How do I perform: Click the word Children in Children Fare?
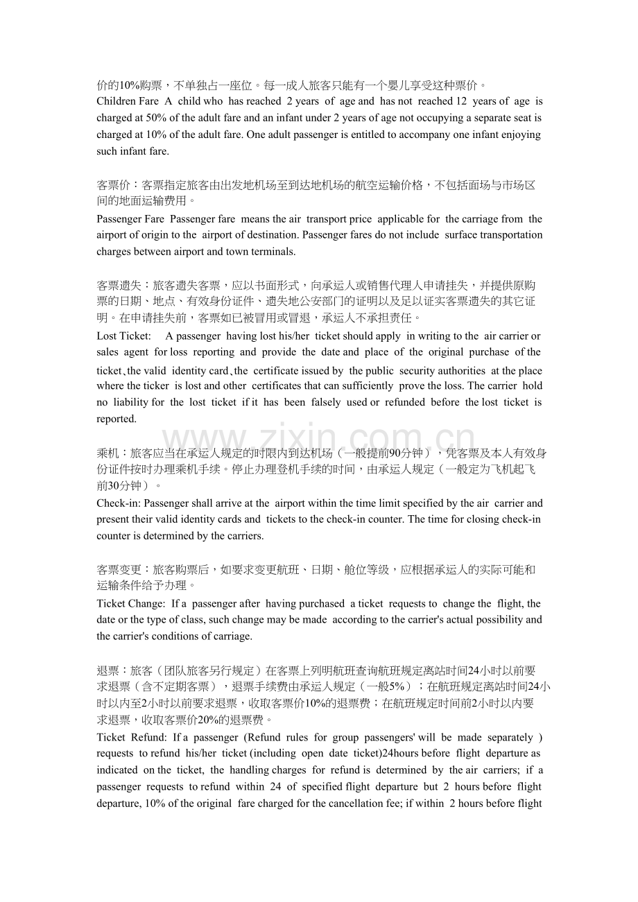117,102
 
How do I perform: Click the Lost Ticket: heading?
123,336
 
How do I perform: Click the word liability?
130,403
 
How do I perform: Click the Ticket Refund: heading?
132,738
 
